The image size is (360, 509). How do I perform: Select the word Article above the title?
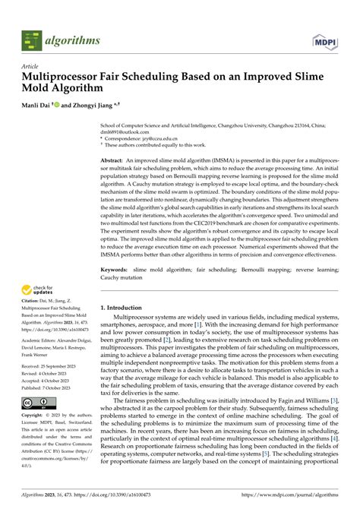tap(30, 67)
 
